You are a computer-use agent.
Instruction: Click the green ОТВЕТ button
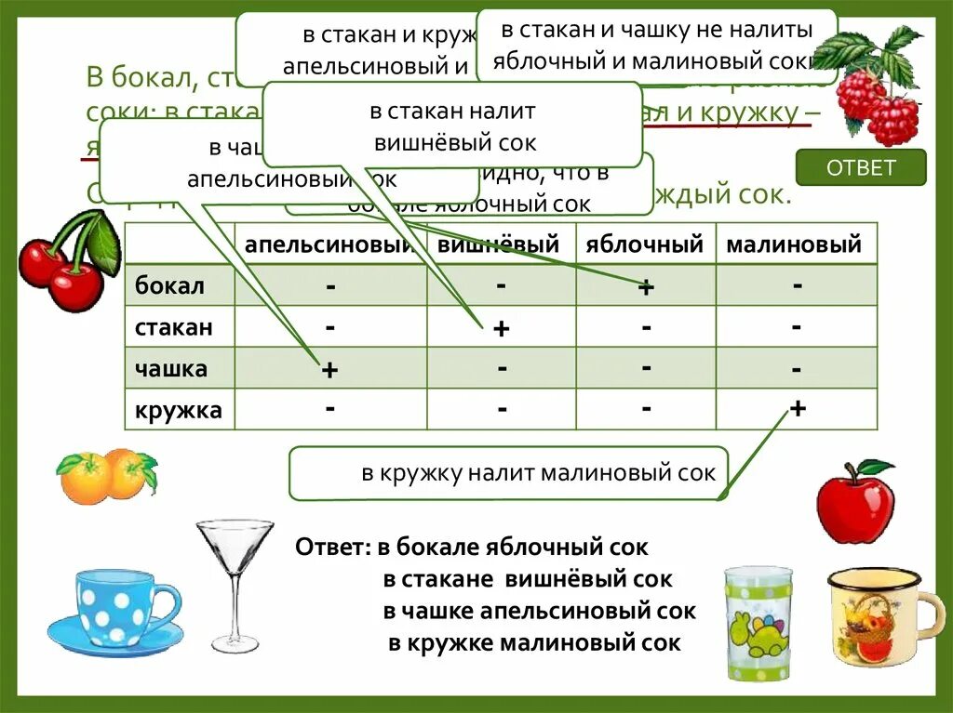[861, 168]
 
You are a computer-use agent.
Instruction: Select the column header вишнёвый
[499, 245]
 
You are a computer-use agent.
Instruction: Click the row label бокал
[169, 285]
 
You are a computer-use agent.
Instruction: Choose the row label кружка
[179, 410]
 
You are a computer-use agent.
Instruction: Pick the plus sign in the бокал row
[646, 287]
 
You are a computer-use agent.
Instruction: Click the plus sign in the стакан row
[501, 329]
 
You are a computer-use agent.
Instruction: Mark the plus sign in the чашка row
[329, 370]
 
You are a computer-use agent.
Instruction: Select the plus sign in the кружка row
[797, 409]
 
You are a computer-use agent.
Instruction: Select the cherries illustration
[68, 260]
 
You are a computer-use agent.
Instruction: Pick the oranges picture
[105, 475]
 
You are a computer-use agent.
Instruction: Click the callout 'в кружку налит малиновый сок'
[508, 473]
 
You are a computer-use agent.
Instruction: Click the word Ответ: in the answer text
[334, 548]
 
